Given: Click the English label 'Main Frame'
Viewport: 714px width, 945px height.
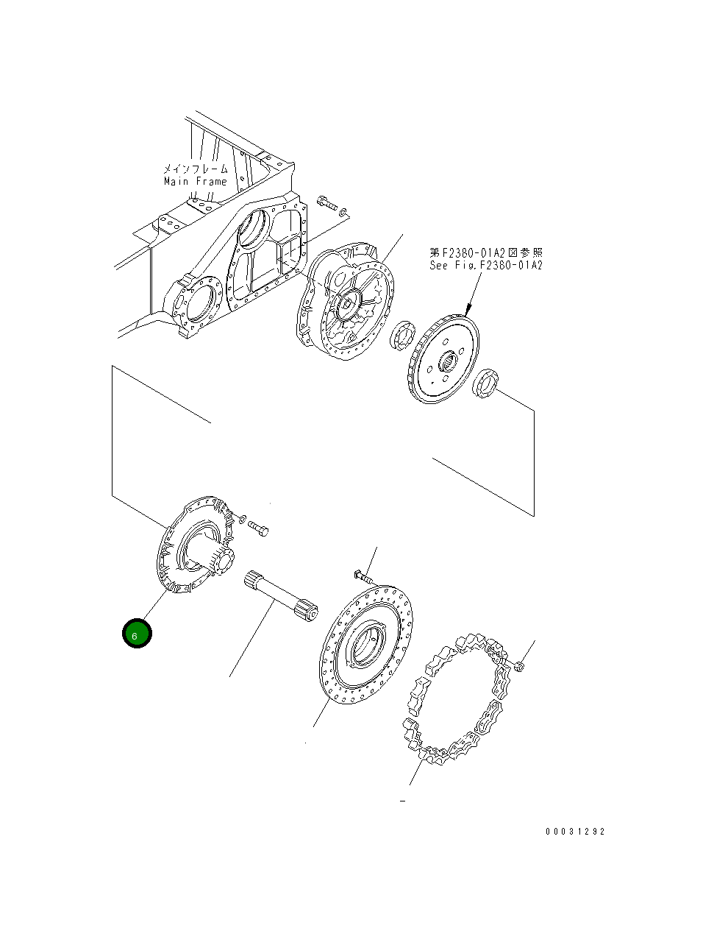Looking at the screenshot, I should (x=196, y=181).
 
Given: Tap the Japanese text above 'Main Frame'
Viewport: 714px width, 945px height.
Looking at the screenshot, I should (x=196, y=169).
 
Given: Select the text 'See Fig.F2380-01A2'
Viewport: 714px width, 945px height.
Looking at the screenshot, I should (x=486, y=265).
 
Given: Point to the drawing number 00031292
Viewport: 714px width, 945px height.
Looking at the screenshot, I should (x=575, y=832).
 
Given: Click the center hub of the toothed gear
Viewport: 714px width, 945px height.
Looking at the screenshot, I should (x=446, y=362).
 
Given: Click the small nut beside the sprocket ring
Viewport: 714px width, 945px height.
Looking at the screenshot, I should (x=520, y=666).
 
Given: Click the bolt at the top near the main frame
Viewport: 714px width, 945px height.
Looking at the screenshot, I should (x=325, y=202).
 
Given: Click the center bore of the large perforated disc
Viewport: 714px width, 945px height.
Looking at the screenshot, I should (x=365, y=646).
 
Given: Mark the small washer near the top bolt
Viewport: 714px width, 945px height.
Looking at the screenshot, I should (x=344, y=213).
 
